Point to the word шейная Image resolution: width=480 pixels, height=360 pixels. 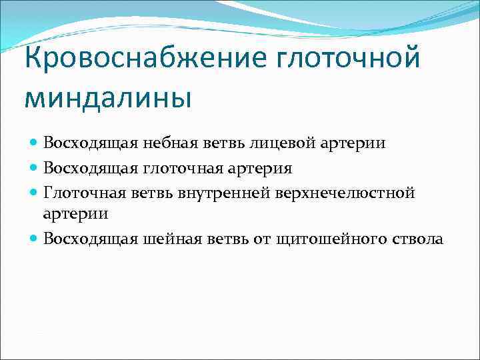[163, 239]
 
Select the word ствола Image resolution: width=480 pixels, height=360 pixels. [419, 239]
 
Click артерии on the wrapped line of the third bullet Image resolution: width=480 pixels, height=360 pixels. [75, 214]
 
